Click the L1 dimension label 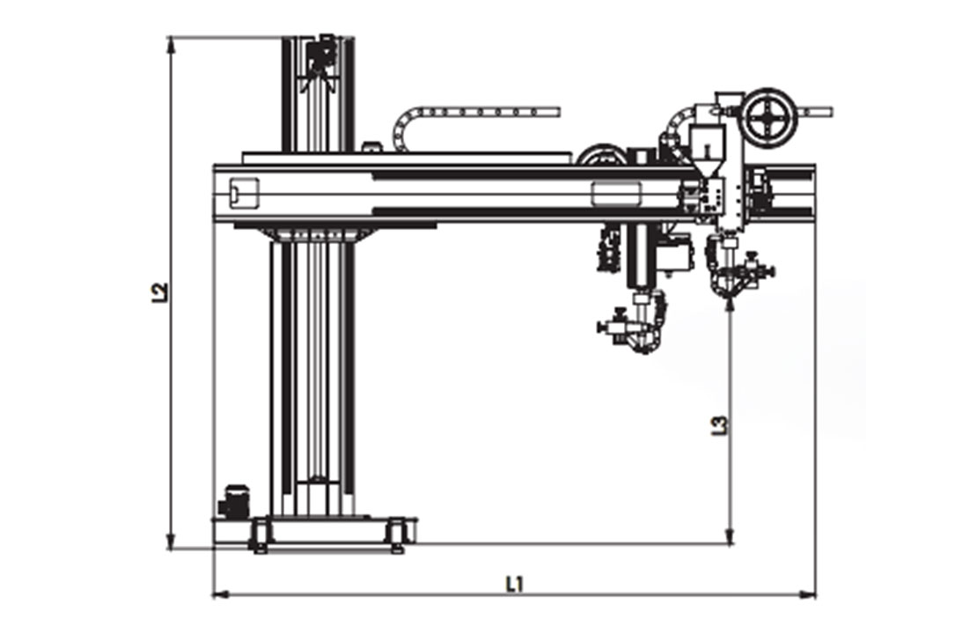pos(514,584)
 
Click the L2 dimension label pos(160,292)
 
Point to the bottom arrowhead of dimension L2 pos(171,543)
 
